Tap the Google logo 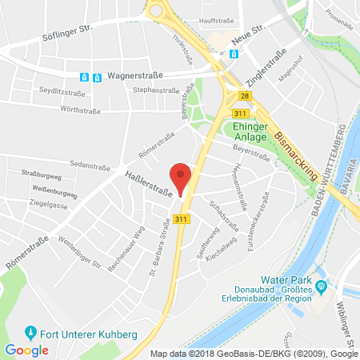26,350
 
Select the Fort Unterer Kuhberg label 72,330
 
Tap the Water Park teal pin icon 322,286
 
